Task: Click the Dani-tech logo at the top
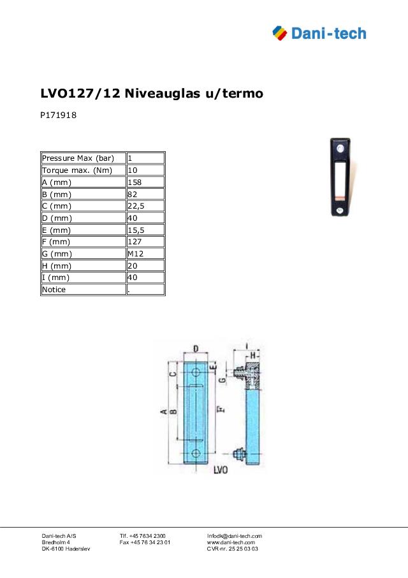tap(319, 33)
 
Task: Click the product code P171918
tap(59, 116)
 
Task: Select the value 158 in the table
tap(135, 182)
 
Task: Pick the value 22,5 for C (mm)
tap(136, 206)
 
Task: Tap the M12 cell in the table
tap(135, 254)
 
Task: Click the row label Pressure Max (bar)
tap(78, 158)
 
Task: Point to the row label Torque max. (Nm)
tap(76, 170)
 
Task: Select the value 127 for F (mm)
tap(135, 242)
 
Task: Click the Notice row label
tap(54, 290)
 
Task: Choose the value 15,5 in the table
tap(136, 230)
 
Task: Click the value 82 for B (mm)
tap(133, 195)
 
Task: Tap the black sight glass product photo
tap(340, 177)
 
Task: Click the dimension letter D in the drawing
tap(196, 348)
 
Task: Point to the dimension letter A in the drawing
tap(163, 411)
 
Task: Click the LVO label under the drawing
tap(221, 469)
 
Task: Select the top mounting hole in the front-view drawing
tap(196, 371)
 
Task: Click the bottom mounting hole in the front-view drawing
tap(196, 452)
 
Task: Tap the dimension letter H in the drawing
tap(253, 354)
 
